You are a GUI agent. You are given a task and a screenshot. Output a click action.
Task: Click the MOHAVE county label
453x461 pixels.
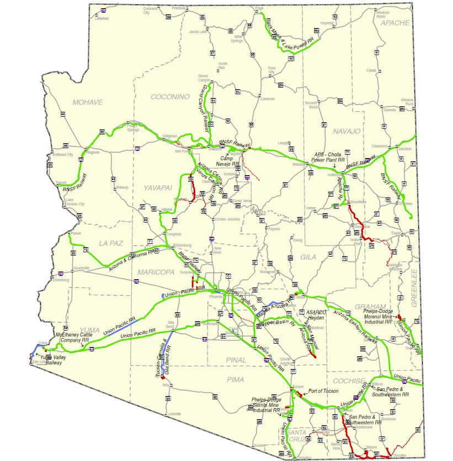(x=87, y=102)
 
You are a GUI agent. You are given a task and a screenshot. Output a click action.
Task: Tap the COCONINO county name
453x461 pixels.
(x=170, y=96)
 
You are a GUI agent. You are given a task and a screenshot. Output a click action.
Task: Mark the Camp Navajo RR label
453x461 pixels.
(x=228, y=160)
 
